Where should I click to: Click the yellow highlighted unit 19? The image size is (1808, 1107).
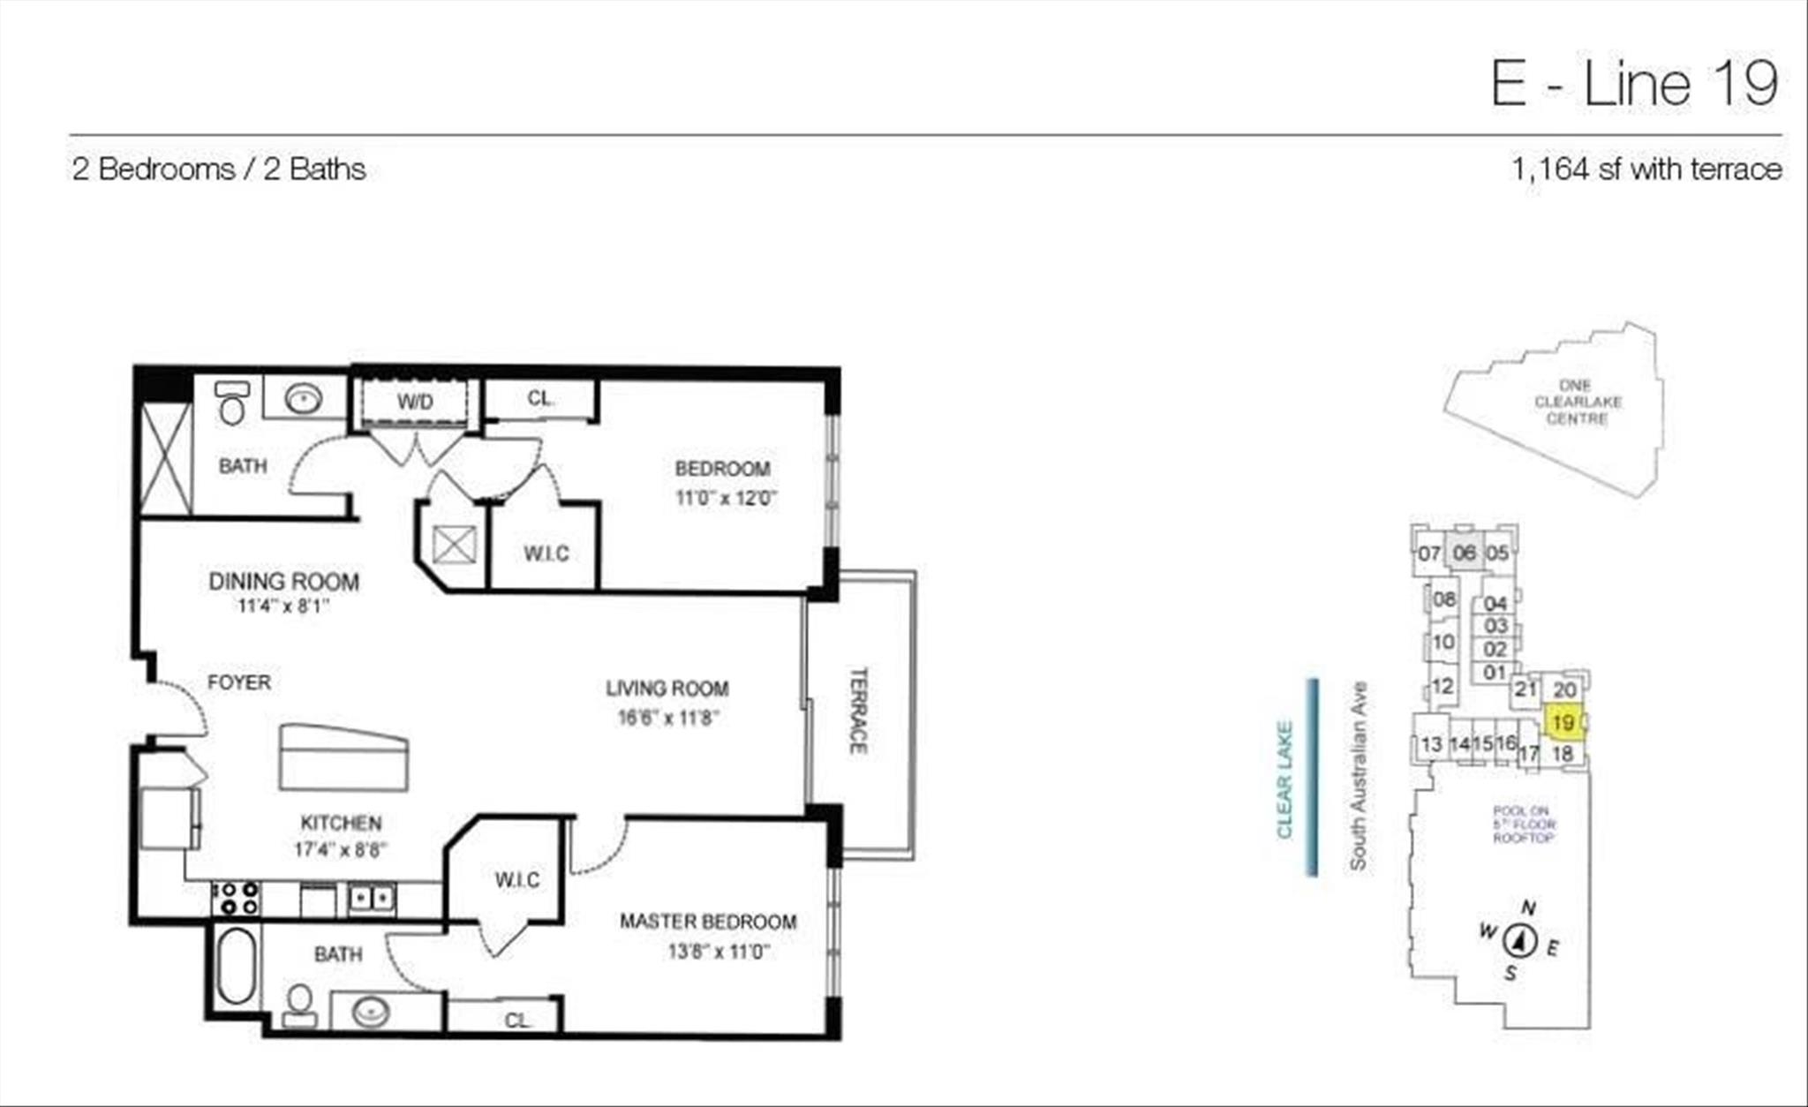pos(1563,723)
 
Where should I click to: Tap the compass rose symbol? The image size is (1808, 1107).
pos(1520,941)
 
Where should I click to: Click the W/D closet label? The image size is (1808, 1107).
pos(415,403)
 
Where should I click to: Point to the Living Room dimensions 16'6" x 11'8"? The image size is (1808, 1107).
pos(668,719)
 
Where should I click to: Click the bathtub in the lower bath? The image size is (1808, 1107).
pos(236,966)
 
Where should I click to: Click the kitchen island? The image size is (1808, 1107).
pos(343,757)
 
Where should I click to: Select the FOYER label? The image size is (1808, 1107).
pos(238,682)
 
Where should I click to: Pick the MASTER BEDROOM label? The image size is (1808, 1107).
pos(708,922)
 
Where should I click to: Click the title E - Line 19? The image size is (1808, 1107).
pos(1634,84)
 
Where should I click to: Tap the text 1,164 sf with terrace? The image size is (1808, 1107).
pos(1646,169)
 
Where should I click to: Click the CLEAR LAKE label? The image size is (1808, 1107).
pos(1284,779)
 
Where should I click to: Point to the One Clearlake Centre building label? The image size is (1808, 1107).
pos(1577,403)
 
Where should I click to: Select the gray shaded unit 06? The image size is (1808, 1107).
pos(1465,553)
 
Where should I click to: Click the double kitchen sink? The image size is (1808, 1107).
pos(371,899)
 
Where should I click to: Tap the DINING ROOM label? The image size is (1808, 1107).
pos(283,582)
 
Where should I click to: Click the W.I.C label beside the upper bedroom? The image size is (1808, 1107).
pos(546,553)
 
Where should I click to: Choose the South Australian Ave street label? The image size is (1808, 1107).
pos(1358,776)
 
